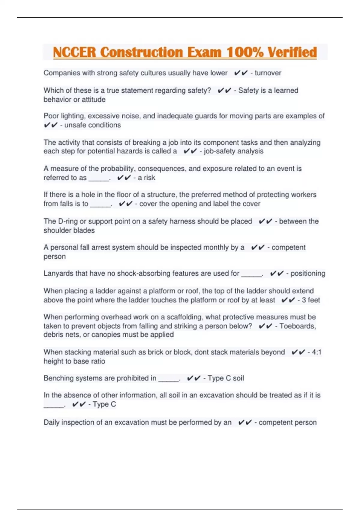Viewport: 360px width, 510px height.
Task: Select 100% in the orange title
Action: click(x=245, y=52)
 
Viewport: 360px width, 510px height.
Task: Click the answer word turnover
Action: click(x=268, y=73)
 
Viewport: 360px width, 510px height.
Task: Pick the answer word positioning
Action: click(x=308, y=274)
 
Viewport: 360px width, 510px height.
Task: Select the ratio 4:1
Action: click(x=316, y=352)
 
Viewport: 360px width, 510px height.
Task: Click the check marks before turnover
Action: click(x=241, y=73)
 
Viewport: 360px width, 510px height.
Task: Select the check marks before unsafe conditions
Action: click(x=50, y=125)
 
